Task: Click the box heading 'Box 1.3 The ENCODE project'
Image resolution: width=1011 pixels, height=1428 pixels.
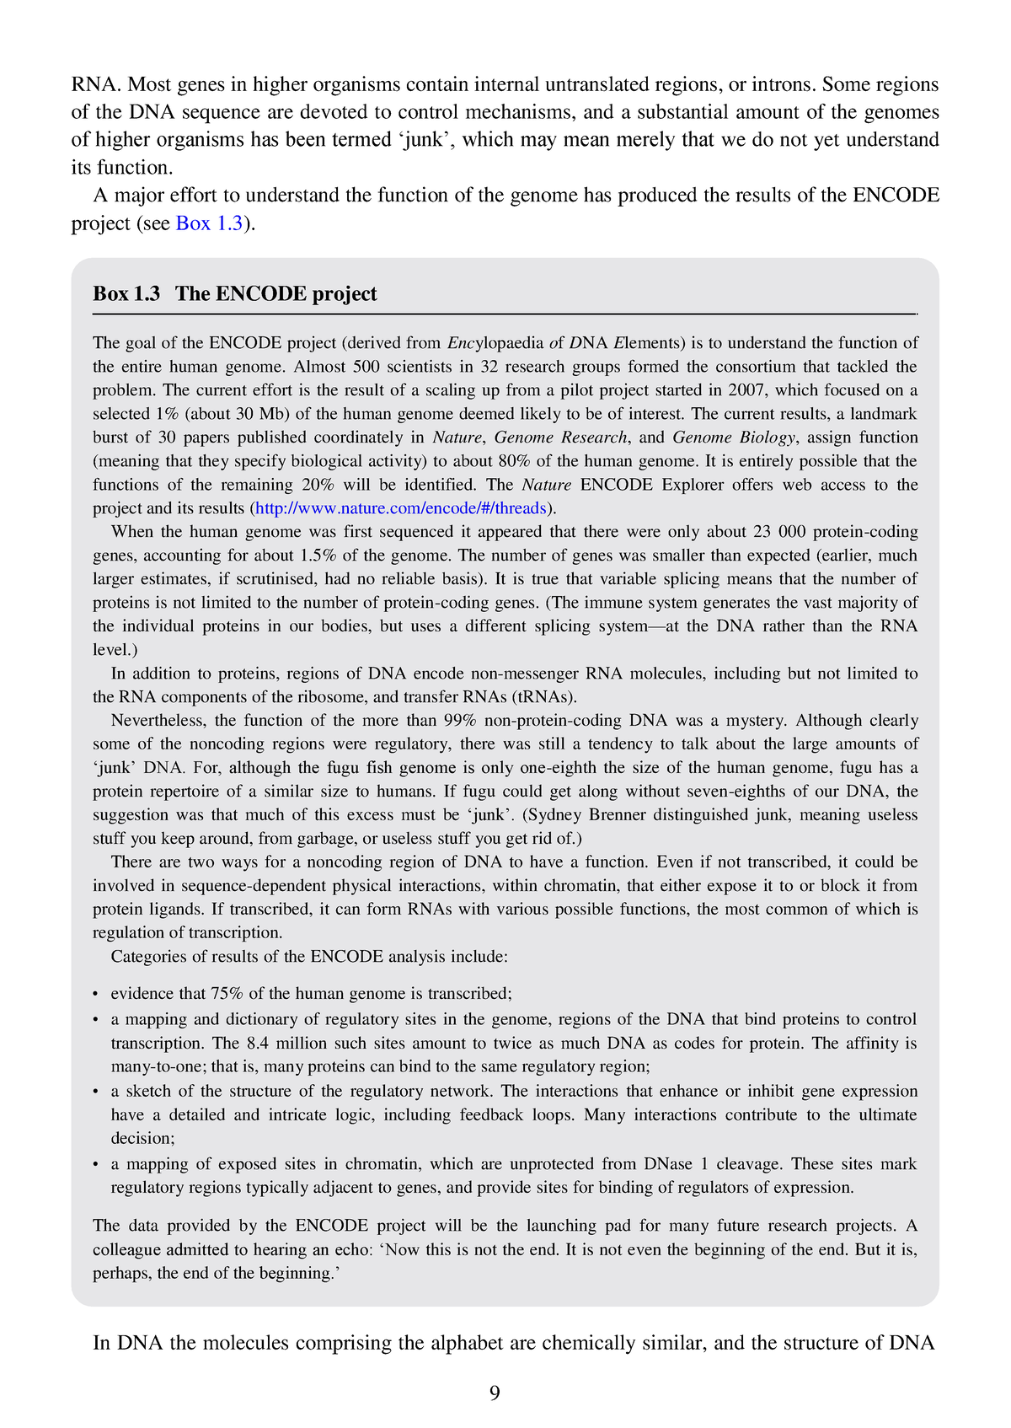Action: point(235,294)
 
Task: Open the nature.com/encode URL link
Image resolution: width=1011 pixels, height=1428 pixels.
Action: point(401,508)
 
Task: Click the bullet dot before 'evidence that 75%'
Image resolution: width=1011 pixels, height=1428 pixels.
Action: point(97,995)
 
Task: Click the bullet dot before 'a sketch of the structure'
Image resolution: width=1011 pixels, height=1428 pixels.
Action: point(97,1092)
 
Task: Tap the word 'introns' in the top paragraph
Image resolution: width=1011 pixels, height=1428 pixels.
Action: point(783,85)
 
